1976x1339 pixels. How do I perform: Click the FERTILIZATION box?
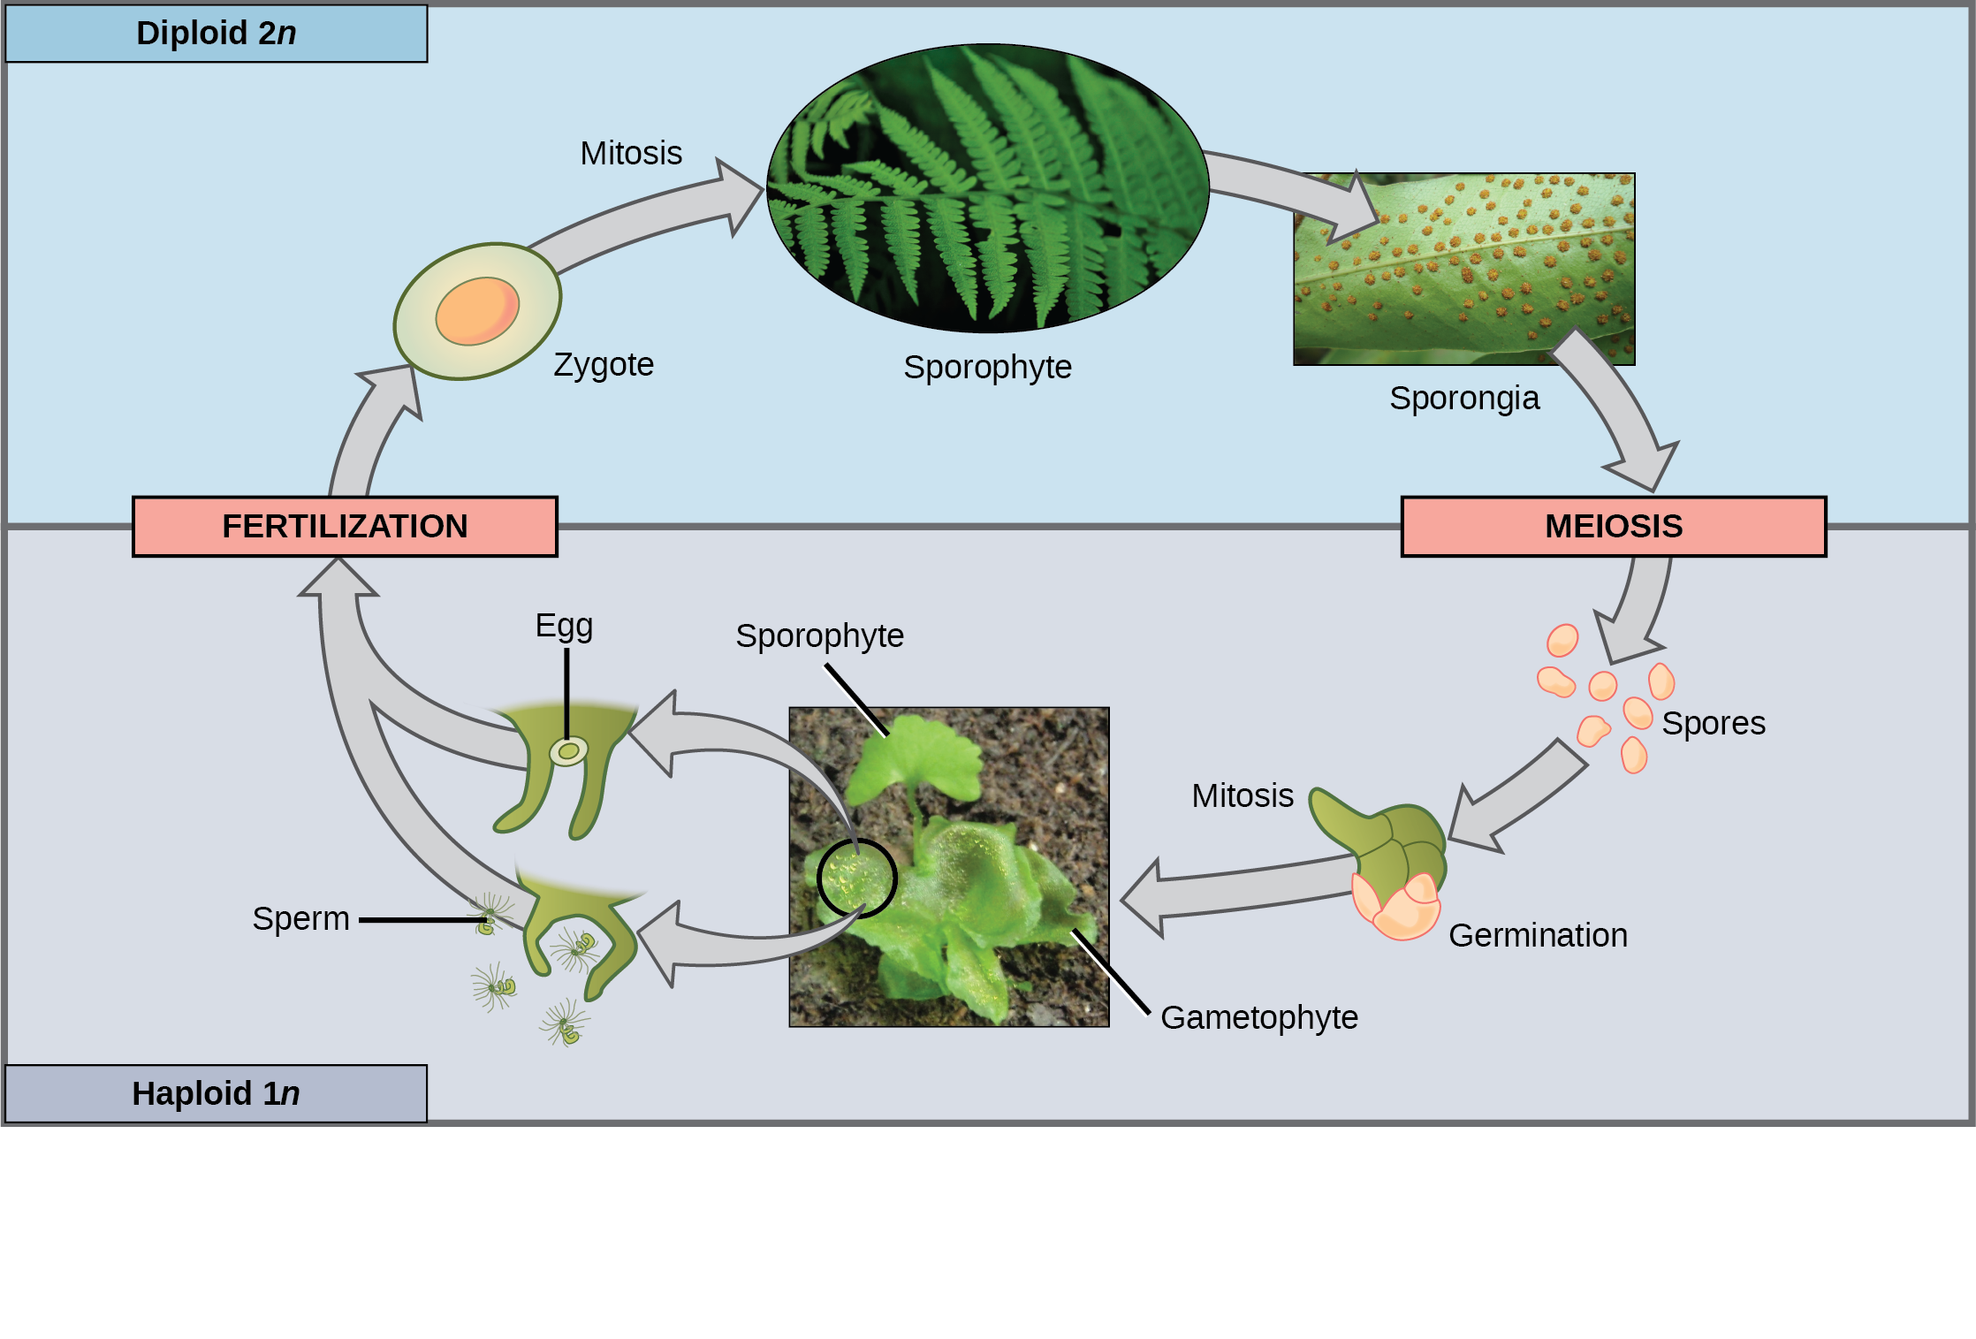click(x=345, y=527)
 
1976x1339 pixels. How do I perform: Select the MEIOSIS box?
click(x=1613, y=527)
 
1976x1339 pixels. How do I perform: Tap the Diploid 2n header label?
click(x=217, y=34)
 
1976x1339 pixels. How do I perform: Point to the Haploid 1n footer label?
click(x=216, y=1094)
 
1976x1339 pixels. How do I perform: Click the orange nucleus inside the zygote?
click(x=477, y=311)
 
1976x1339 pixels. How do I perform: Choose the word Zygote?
click(x=604, y=364)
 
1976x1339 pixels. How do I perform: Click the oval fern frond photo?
click(x=987, y=188)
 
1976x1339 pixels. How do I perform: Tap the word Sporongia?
click(x=1464, y=398)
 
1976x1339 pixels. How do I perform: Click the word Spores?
click(x=1713, y=723)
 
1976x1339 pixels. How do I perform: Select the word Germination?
click(x=1538, y=935)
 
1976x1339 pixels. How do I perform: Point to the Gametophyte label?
click(x=1258, y=1017)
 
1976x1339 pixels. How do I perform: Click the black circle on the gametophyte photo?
click(x=856, y=879)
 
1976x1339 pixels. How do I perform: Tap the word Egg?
click(x=564, y=626)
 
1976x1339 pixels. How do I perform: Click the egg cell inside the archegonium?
click(x=568, y=752)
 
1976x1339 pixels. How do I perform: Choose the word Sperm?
click(x=300, y=918)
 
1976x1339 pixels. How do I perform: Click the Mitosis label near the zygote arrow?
click(x=631, y=153)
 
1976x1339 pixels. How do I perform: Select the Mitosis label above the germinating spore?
click(x=1242, y=795)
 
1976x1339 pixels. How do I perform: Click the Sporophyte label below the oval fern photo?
click(x=987, y=367)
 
